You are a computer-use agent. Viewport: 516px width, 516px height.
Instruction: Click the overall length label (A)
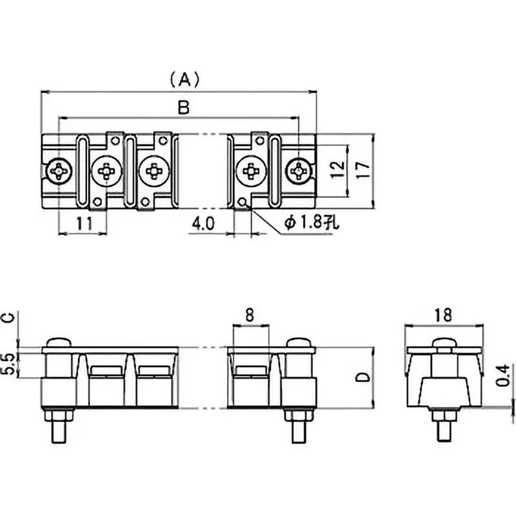coord(184,79)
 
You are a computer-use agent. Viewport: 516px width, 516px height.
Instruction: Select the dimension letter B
coord(184,109)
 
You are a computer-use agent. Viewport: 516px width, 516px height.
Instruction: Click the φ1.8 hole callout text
coord(311,223)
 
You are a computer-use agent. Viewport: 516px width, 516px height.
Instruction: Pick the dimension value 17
coord(363,170)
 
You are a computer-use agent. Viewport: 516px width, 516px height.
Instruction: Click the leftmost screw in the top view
coord(59,172)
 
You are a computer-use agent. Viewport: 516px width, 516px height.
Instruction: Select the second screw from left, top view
coord(105,172)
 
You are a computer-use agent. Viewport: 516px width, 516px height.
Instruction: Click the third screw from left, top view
coord(154,172)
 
